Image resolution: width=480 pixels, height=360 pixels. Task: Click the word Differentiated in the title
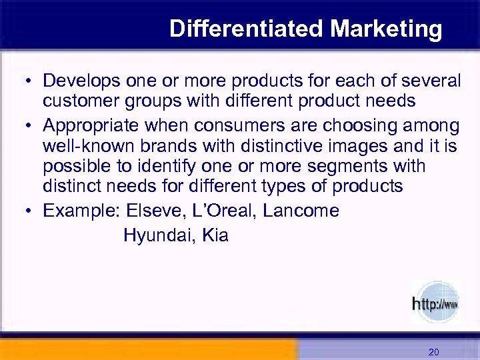coord(247,29)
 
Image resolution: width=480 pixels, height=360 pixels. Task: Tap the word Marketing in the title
coord(387,29)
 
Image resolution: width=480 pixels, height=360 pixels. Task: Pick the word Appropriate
coord(93,127)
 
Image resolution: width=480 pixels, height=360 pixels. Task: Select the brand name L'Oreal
coord(225,211)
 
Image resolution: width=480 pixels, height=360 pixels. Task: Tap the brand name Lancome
coord(301,211)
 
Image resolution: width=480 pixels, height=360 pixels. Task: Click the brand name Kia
coord(214,235)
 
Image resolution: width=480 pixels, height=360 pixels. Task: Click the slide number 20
coord(433,351)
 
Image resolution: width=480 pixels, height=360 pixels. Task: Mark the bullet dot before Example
coord(31,212)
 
